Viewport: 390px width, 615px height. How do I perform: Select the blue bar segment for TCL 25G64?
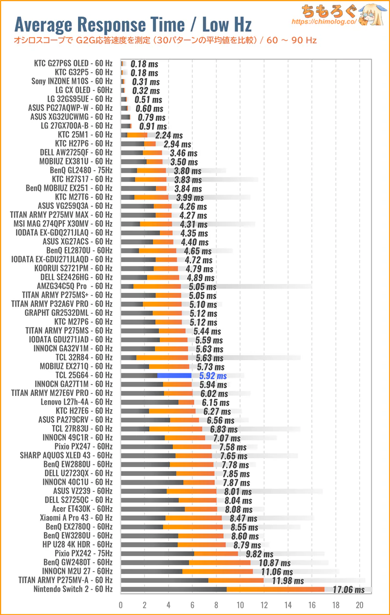tap(174, 375)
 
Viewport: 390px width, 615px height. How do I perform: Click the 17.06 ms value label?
tap(349, 590)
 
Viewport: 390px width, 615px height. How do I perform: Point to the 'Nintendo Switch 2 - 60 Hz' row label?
tap(73, 589)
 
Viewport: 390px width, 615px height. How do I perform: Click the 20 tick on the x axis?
tap(360, 605)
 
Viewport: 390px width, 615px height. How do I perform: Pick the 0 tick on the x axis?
tap(121, 605)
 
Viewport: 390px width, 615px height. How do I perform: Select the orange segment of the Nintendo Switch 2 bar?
tap(275, 589)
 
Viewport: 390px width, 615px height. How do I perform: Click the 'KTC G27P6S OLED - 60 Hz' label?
tap(73, 63)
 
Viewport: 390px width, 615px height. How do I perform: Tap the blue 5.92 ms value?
tap(213, 376)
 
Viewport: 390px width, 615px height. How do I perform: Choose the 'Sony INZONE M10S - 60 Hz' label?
tap(72, 81)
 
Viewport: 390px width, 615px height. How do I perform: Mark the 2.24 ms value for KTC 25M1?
tap(169, 135)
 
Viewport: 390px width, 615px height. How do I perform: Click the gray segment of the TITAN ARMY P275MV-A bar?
tap(164, 580)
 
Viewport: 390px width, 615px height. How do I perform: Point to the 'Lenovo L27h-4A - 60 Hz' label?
tap(77, 402)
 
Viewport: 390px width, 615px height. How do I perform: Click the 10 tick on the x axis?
tap(240, 605)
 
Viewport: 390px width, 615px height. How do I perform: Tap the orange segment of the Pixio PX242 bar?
tap(216, 553)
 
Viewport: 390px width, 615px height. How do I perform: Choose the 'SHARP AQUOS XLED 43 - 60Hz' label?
tap(66, 455)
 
